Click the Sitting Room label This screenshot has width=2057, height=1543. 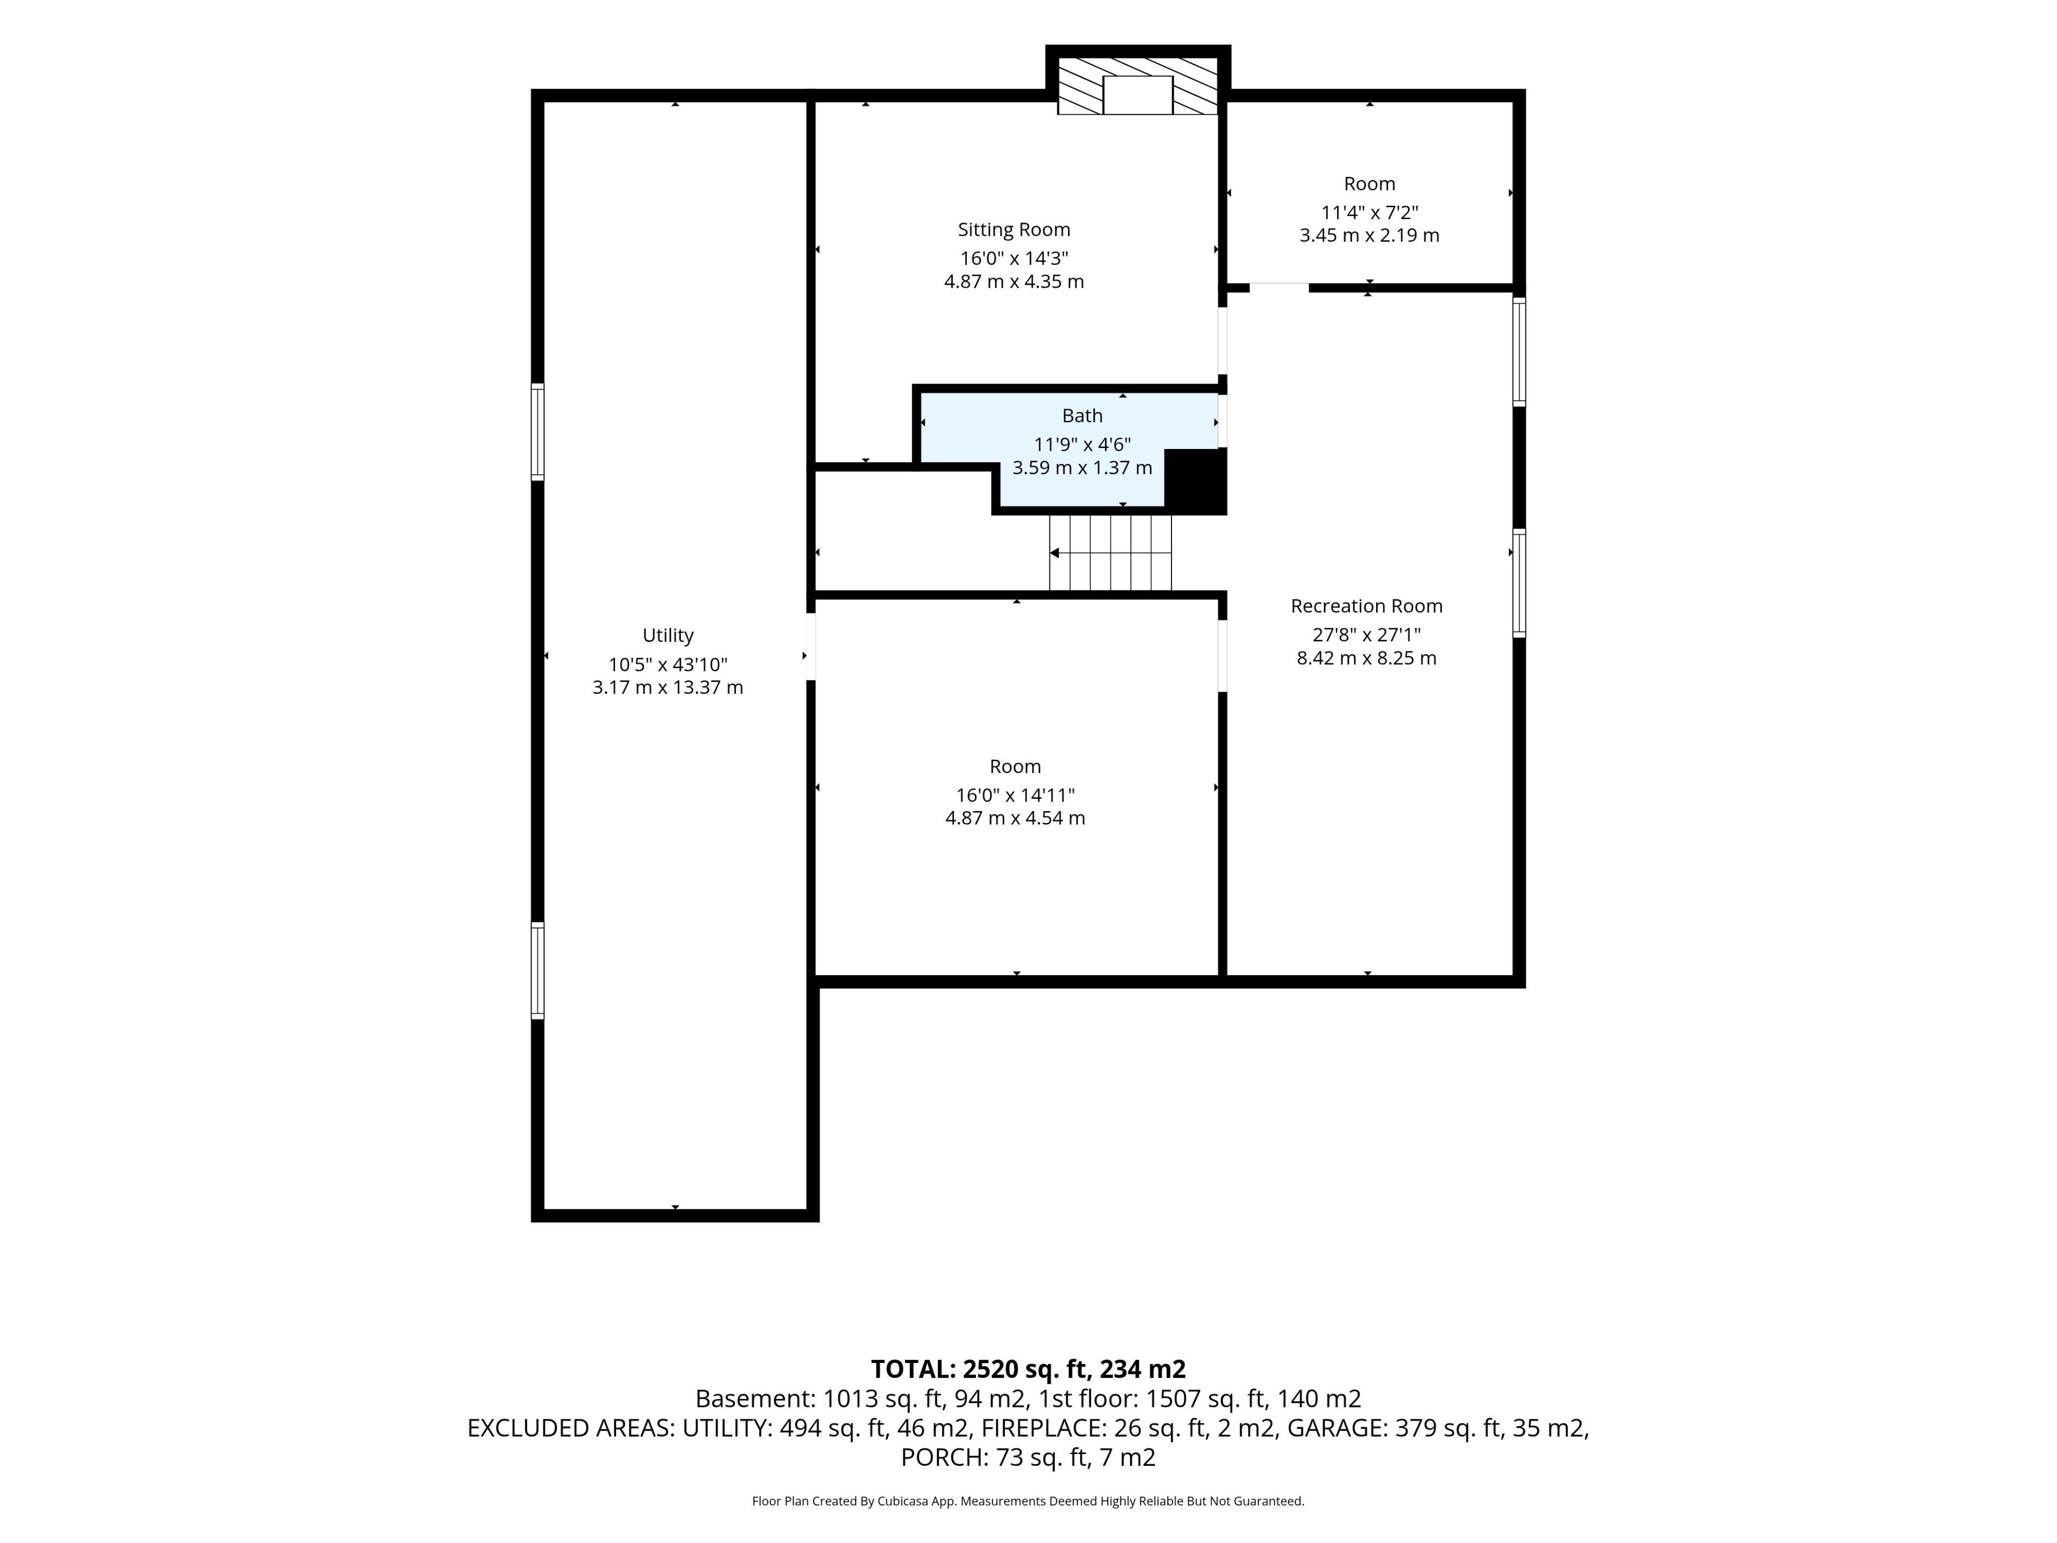tap(1014, 230)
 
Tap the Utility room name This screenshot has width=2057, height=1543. tap(667, 635)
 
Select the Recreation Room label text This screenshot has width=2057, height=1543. tap(1366, 606)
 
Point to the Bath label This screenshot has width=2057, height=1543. tap(1083, 416)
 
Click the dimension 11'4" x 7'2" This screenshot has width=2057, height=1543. tap(1370, 212)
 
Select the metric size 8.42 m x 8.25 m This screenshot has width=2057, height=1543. tap(1366, 658)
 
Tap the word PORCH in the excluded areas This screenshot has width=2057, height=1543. tap(943, 1457)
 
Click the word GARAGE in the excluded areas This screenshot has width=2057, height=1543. tap(1337, 1428)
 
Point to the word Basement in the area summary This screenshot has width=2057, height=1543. tap(754, 1399)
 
